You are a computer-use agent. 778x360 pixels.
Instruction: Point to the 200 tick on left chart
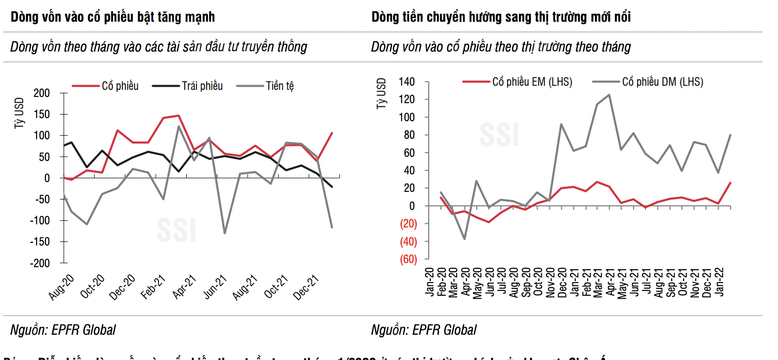[x=43, y=93]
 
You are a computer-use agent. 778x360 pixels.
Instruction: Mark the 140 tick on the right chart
[x=407, y=81]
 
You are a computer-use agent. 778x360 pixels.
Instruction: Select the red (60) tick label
[x=408, y=259]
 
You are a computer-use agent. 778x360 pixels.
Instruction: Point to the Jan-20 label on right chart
[x=429, y=282]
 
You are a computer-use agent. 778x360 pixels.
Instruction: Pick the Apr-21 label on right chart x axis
[x=609, y=282]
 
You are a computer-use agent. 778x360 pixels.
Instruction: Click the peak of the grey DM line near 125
[x=609, y=95]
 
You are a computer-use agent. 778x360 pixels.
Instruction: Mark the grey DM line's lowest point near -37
[x=464, y=239]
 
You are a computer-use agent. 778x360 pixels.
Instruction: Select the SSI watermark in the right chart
[x=499, y=135]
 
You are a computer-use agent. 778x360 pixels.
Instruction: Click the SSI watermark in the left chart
[x=176, y=231]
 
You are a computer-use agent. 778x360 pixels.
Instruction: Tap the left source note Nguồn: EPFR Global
[x=63, y=330]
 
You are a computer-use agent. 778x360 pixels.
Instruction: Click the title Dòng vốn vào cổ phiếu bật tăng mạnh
[x=113, y=17]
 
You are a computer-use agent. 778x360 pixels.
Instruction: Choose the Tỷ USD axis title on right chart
[x=382, y=93]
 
